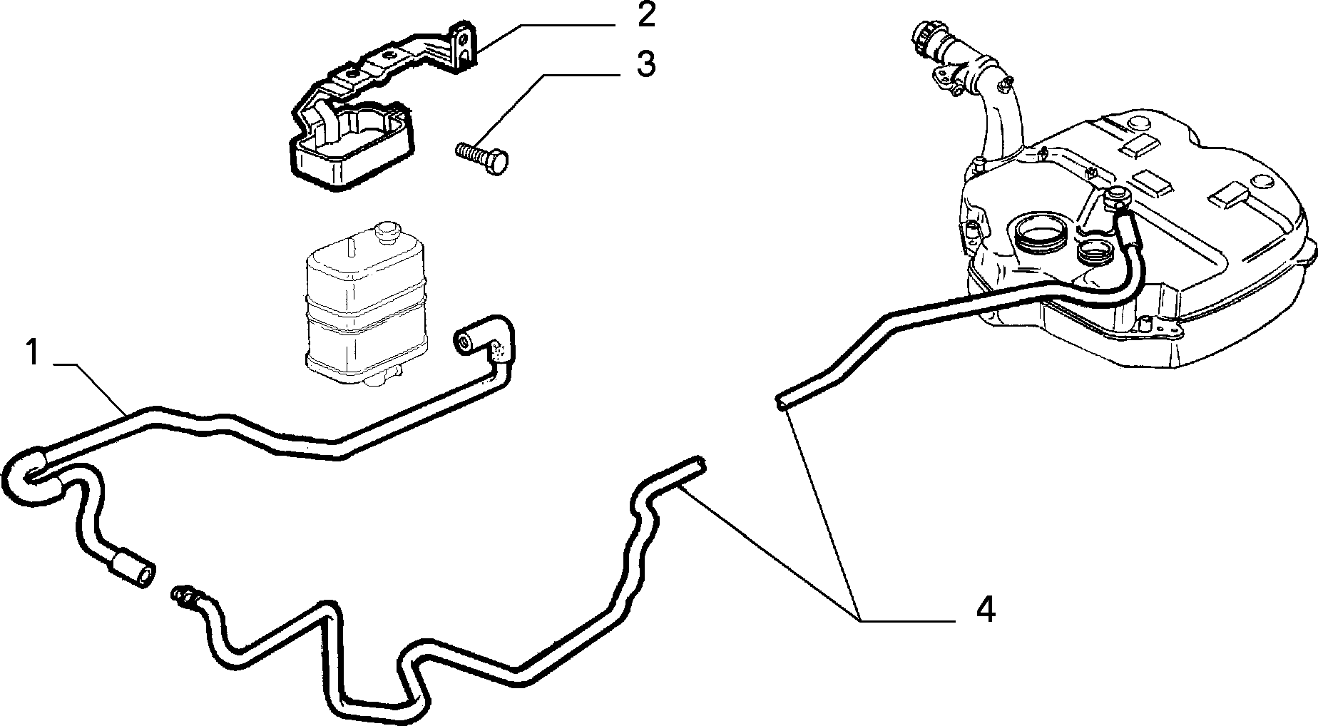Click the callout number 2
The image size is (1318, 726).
coord(646,15)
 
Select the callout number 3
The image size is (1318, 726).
coord(645,64)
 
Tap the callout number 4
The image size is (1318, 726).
coord(985,610)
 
